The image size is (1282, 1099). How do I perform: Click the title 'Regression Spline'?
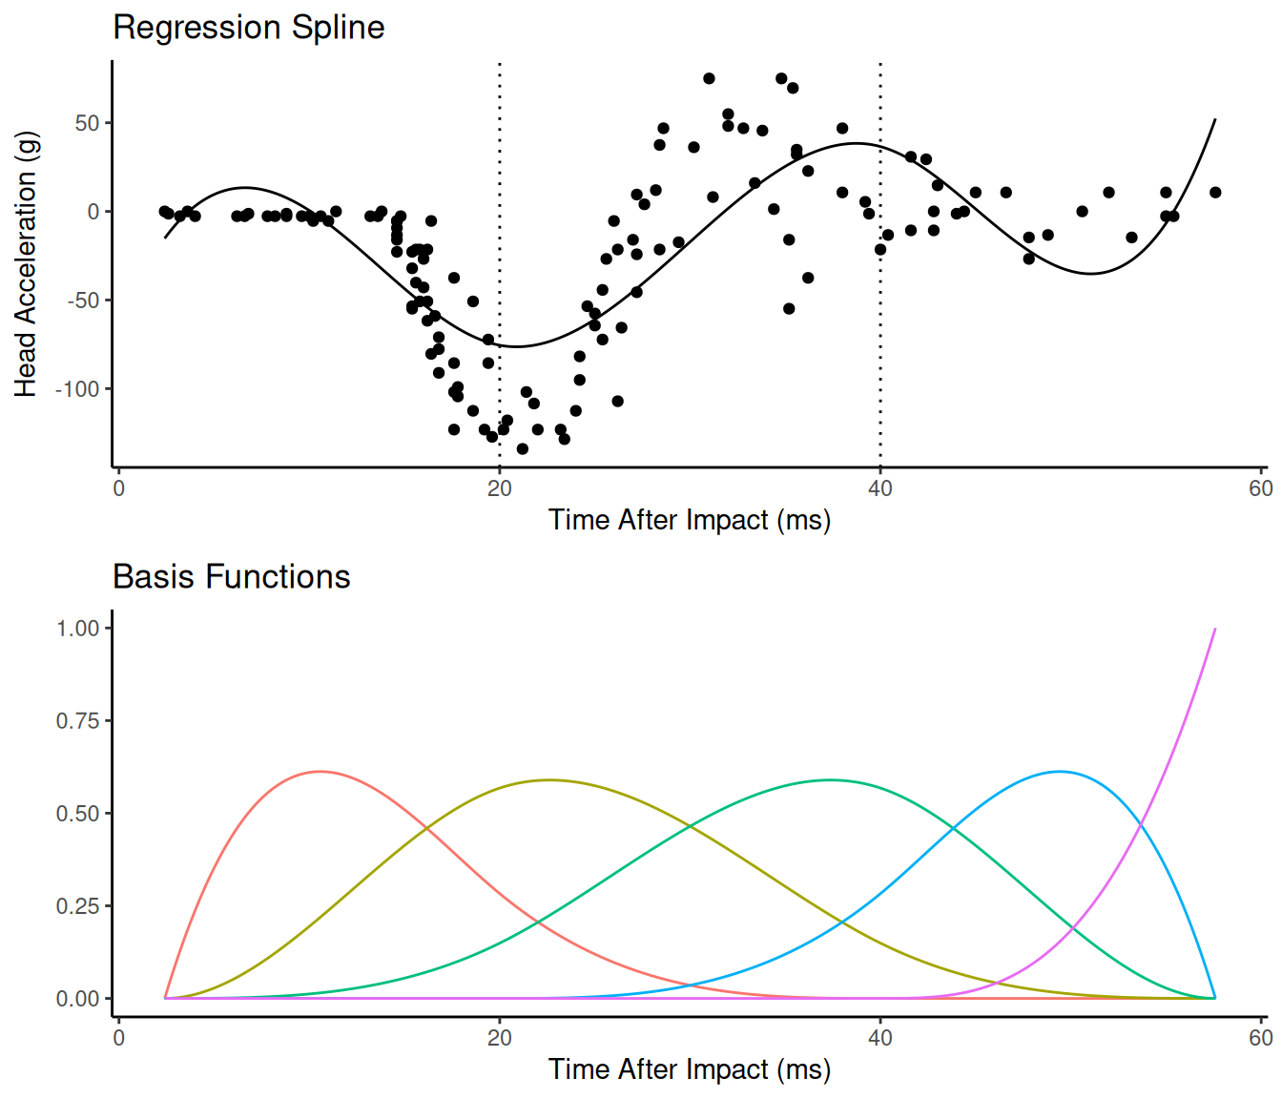(x=249, y=28)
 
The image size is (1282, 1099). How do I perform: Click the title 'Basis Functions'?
(x=232, y=577)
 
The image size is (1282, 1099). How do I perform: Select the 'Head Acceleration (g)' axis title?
(x=26, y=264)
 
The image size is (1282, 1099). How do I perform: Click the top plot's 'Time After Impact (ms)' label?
(x=689, y=520)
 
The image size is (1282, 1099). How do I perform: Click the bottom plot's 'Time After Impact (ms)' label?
(x=689, y=1069)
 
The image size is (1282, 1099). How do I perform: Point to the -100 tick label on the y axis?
(x=77, y=389)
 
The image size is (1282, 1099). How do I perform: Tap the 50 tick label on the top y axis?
(x=88, y=123)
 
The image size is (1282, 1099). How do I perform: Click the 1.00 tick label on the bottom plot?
(x=78, y=629)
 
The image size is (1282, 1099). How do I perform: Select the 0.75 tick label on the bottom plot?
(x=78, y=720)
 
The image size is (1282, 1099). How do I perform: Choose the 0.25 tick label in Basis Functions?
(x=78, y=906)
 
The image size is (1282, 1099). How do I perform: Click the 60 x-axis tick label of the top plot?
(x=1261, y=489)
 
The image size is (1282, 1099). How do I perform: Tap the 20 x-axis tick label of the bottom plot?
(x=499, y=1038)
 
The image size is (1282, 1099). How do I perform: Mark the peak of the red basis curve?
(x=320, y=772)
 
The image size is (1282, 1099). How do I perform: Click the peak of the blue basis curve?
(x=1060, y=772)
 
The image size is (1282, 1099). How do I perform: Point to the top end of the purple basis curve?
(x=1215, y=629)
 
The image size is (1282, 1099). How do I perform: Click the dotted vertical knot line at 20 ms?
(x=499, y=265)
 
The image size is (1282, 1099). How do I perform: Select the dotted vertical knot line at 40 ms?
(x=880, y=265)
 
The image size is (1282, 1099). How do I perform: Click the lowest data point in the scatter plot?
(x=522, y=448)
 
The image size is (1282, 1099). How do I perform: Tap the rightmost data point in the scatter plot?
(x=1215, y=193)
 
